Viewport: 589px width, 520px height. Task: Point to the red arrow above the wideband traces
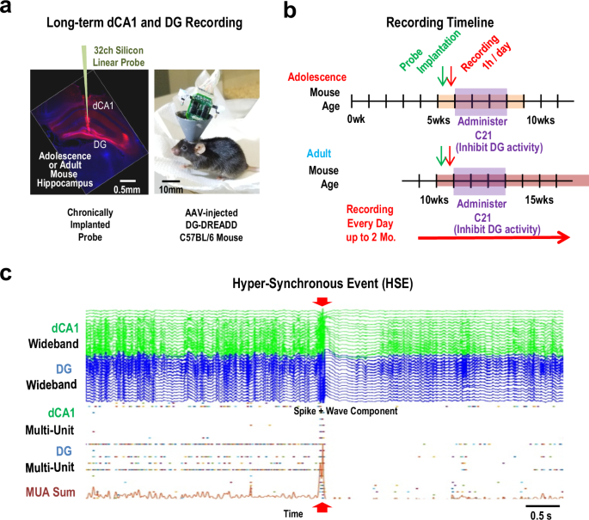[322, 301]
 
